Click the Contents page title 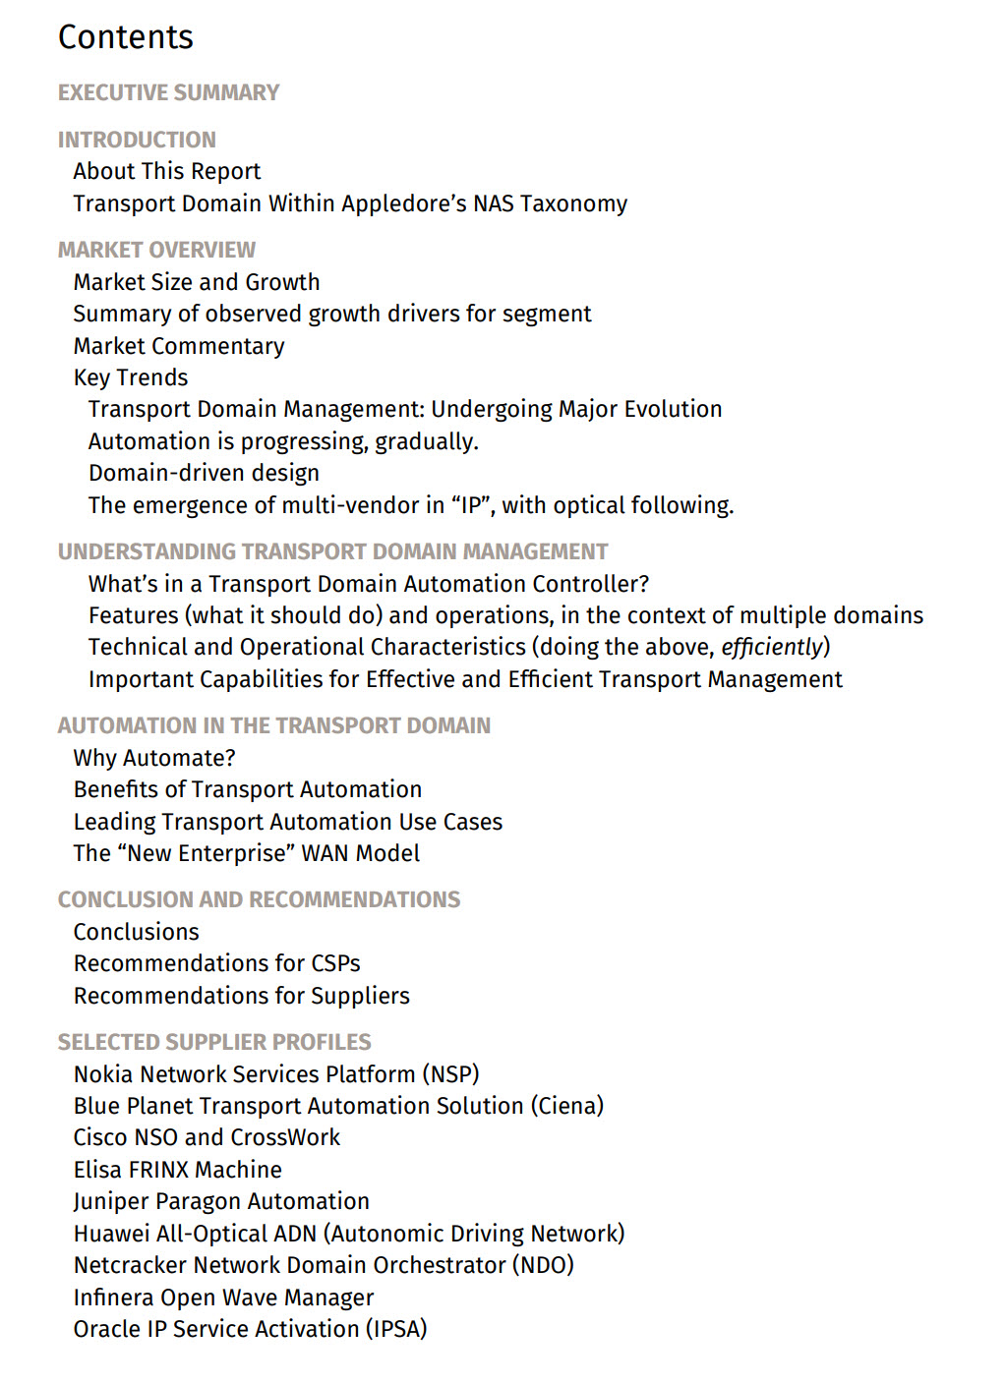[126, 37]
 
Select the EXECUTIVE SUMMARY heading [168, 92]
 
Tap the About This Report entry [167, 171]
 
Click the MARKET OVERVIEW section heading [156, 250]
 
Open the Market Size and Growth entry [197, 282]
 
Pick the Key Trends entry [131, 377]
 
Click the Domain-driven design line [204, 473]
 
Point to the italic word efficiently [771, 647]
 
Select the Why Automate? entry [154, 758]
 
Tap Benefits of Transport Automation [248, 789]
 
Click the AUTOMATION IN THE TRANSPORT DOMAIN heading [273, 725]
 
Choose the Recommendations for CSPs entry [217, 963]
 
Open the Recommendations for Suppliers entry [242, 996]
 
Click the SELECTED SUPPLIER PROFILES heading [214, 1042]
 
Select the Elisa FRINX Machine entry [178, 1170]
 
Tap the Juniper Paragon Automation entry [221, 1201]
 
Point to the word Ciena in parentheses [568, 1106]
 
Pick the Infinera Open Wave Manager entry [224, 1297]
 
